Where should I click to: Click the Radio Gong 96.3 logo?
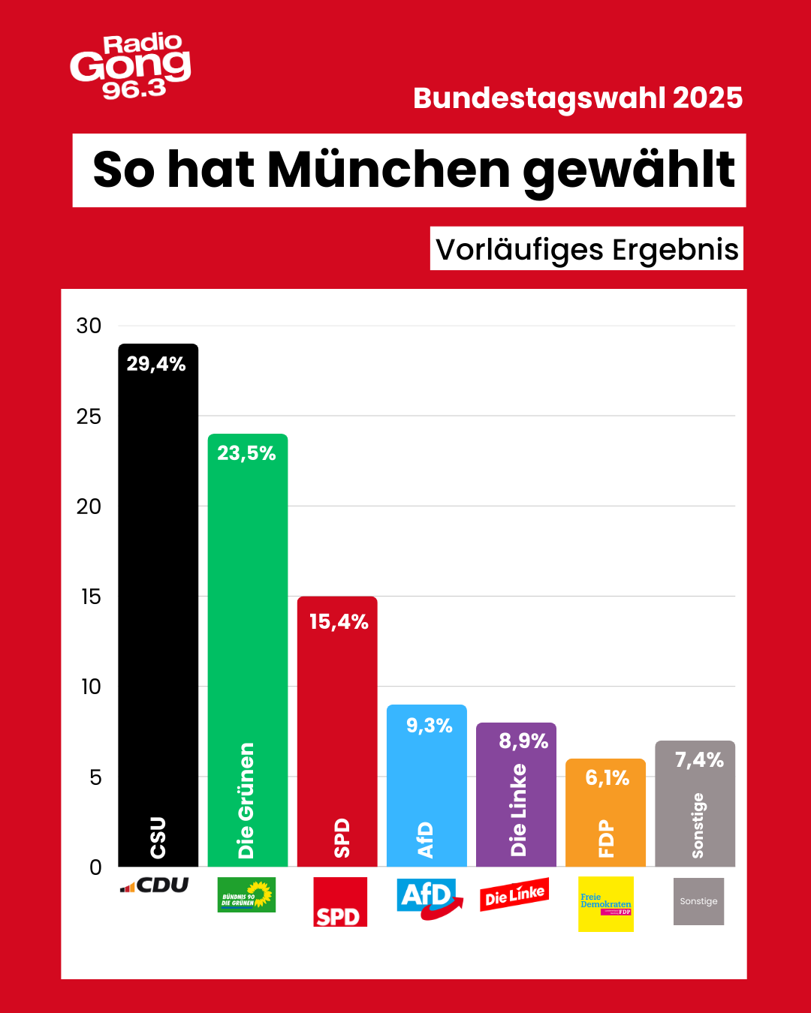[131, 66]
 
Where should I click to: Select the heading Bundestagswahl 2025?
[577, 98]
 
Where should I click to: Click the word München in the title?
[388, 170]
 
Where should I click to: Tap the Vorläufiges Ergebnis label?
[586, 249]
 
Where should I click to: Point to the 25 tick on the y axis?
[89, 416]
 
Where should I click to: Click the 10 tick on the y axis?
[91, 687]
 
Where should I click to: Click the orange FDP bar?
[605, 818]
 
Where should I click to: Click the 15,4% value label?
[339, 622]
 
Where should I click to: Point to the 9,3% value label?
[429, 726]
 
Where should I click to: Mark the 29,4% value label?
[156, 364]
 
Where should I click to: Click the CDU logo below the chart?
[155, 885]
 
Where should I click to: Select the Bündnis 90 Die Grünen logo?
[246, 895]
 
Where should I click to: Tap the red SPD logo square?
[339, 902]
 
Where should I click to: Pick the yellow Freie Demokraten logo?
[605, 904]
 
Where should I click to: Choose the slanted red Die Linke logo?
[514, 895]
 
